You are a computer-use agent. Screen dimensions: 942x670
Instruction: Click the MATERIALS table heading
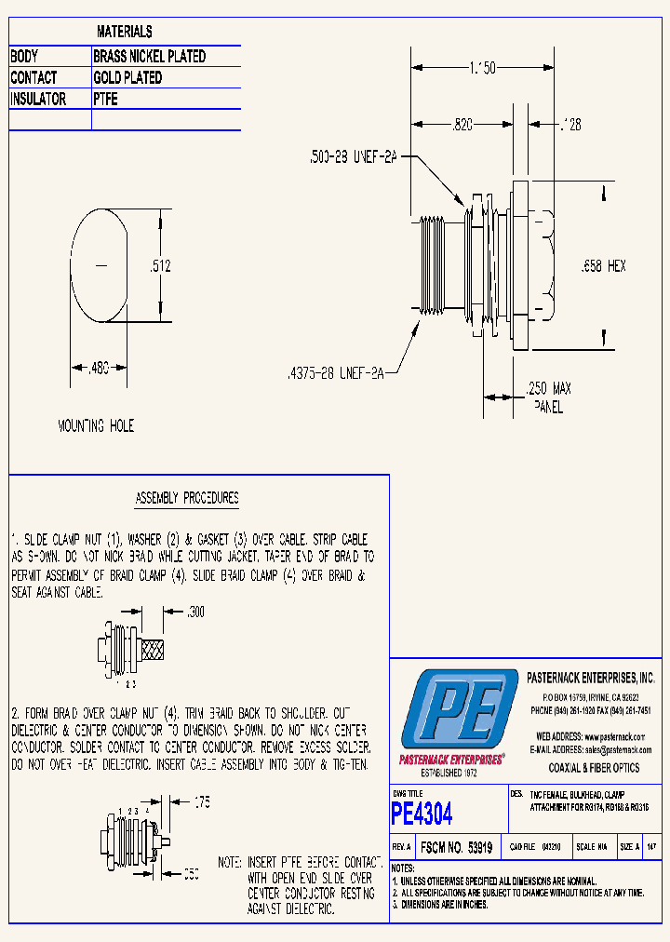[x=125, y=33]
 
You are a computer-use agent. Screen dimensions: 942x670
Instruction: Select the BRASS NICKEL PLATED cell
[x=149, y=57]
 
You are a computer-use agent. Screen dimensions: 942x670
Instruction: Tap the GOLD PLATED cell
[x=127, y=78]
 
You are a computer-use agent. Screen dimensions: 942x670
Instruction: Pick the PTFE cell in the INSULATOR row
[x=105, y=100]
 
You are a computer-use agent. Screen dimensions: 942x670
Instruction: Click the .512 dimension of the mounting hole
[x=161, y=266]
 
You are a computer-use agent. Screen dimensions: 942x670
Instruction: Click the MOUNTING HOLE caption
[x=96, y=425]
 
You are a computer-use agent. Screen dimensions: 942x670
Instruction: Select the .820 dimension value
[x=464, y=124]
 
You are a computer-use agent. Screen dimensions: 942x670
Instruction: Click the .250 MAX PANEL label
[x=549, y=397]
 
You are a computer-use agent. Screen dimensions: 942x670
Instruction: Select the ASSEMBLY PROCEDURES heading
[x=187, y=498]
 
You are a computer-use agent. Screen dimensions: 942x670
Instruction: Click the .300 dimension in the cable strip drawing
[x=195, y=612]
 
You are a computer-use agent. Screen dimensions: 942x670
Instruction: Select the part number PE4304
[x=422, y=814]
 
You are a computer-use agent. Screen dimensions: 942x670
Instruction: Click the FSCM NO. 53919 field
[x=456, y=848]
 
